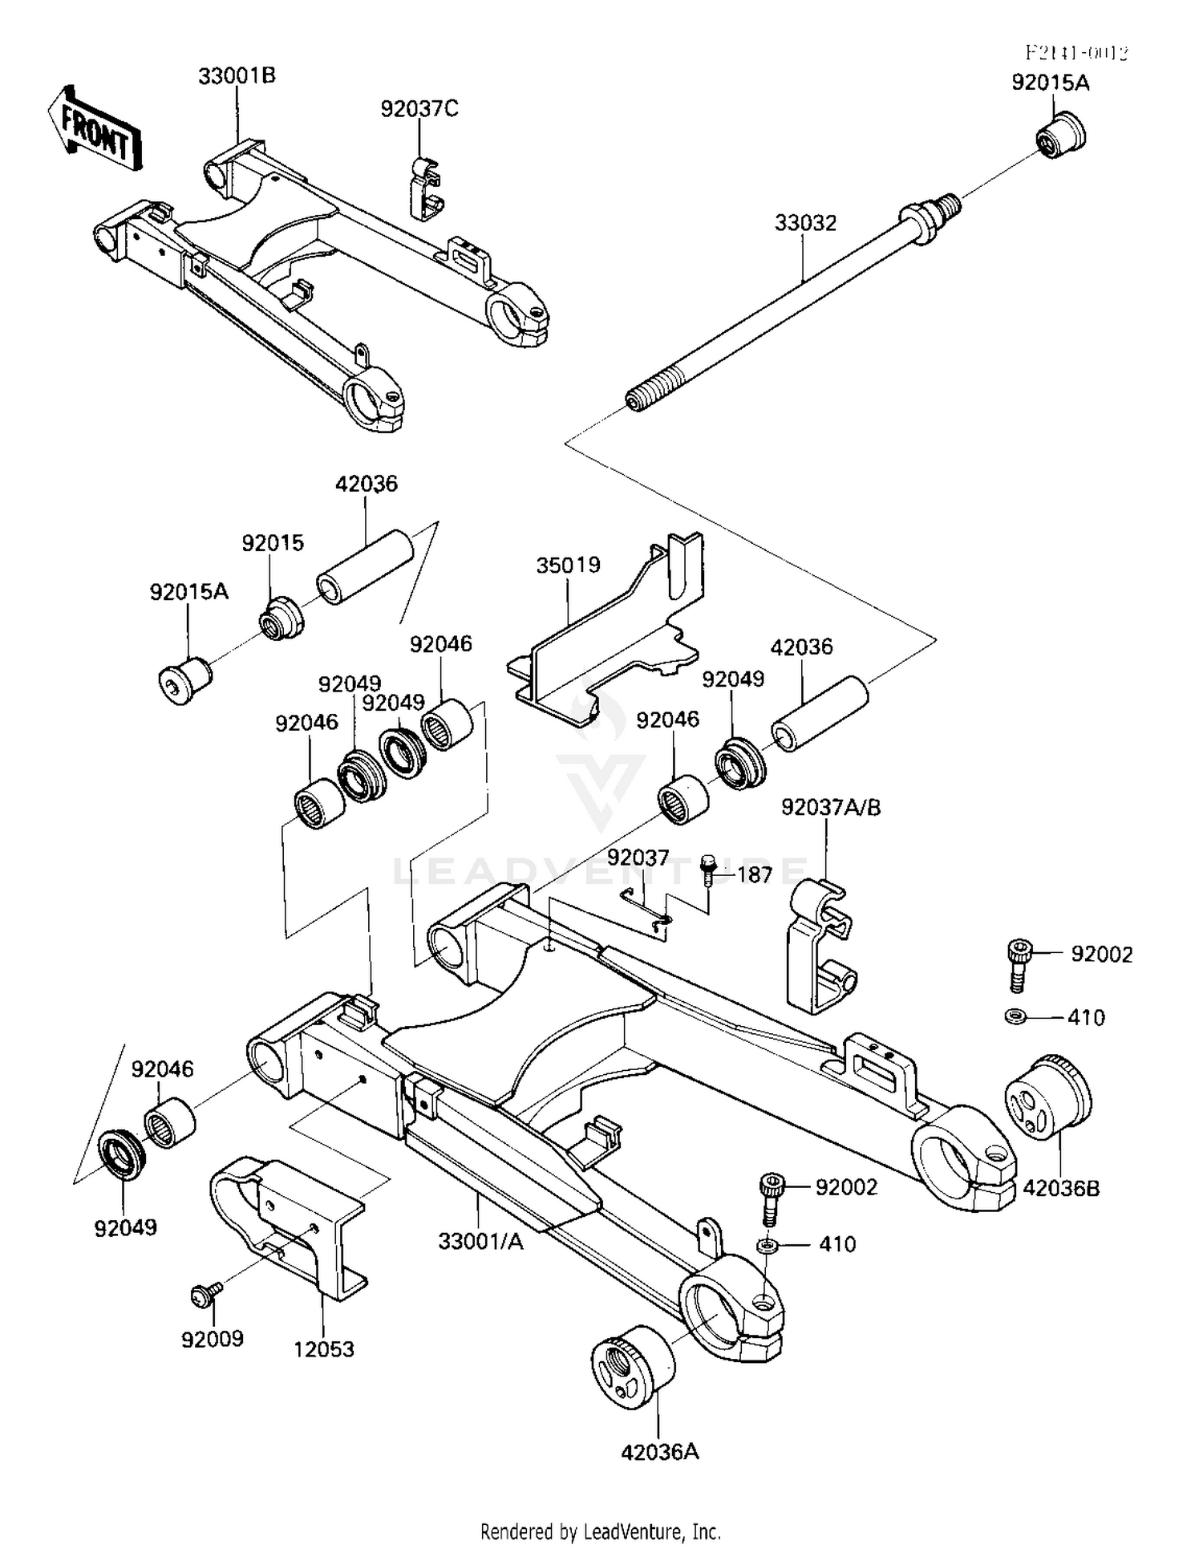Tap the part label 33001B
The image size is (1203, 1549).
[x=237, y=76]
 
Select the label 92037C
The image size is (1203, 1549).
[x=419, y=109]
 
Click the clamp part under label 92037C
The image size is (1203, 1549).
[x=427, y=189]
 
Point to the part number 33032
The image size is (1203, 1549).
[x=805, y=223]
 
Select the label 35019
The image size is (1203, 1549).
[x=568, y=566]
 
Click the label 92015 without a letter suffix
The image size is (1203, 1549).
[x=273, y=543]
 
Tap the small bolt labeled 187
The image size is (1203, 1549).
[x=707, y=869]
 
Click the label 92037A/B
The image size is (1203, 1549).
[x=831, y=807]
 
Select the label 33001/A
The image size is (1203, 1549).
[x=480, y=1242]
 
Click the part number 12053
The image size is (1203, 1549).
[x=323, y=1349]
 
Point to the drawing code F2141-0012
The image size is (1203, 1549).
[x=1076, y=53]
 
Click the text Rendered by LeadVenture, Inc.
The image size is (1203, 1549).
[x=600, y=1531]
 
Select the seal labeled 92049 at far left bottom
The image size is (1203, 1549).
[x=121, y=1154]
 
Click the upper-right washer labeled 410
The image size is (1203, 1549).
[x=1014, y=1017]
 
